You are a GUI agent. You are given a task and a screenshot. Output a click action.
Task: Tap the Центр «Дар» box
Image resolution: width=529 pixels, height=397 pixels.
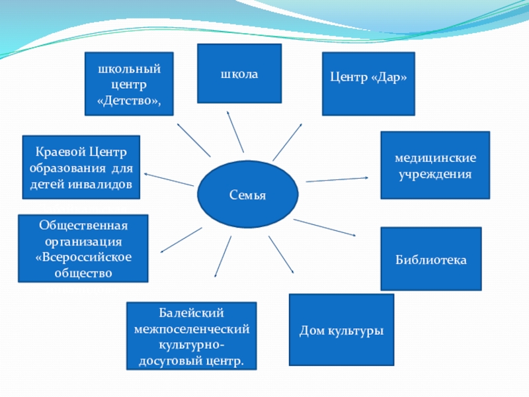[x=368, y=83]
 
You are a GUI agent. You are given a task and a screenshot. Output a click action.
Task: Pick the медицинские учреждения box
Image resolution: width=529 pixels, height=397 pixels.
[x=434, y=165]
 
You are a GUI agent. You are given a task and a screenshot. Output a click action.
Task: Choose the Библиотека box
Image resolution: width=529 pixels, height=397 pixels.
[x=430, y=259]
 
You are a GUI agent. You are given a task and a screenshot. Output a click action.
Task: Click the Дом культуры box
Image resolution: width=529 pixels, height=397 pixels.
[x=341, y=330]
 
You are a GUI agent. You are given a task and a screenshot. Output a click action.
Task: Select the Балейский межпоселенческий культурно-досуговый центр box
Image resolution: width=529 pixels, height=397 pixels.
[x=191, y=335]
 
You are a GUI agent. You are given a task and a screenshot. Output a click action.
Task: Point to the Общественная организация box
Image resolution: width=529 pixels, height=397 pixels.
[x=83, y=248]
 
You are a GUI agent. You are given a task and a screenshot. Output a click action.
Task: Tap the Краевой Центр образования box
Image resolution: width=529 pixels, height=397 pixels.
[x=81, y=167]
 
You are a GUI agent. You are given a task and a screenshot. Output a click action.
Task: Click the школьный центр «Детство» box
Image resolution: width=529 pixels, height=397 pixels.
[x=130, y=84]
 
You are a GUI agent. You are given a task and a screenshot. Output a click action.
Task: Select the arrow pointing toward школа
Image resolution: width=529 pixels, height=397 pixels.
[x=235, y=132]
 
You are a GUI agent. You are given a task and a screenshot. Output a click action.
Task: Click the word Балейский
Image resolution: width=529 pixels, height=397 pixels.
[x=191, y=312]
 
